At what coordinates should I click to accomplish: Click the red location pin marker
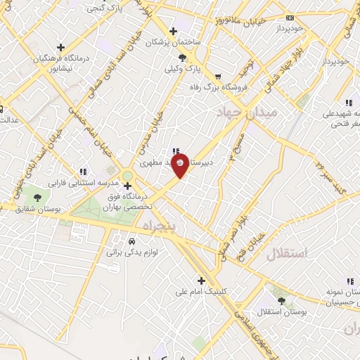180,167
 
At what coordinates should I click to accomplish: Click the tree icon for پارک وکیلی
183,58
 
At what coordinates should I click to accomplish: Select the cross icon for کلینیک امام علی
201,280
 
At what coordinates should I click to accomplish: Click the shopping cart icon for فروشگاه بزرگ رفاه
218,77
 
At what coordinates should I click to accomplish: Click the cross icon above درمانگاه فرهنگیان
63,48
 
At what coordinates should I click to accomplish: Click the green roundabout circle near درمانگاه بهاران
127,176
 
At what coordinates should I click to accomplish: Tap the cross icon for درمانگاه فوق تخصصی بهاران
127,186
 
